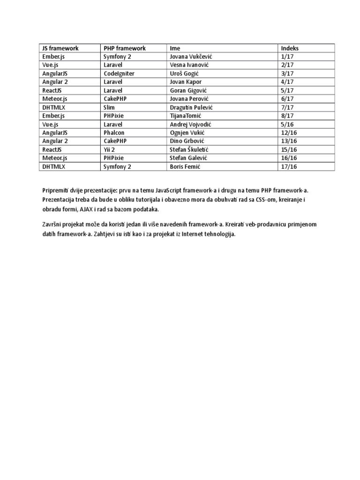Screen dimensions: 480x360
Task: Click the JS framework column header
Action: [x=60, y=48]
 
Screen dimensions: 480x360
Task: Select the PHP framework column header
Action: [x=125, y=48]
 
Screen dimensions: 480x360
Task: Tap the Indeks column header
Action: [x=290, y=48]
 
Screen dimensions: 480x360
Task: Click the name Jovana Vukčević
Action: [x=191, y=57]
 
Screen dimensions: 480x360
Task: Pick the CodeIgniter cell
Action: [x=119, y=74]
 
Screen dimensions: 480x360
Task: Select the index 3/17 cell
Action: [x=287, y=74]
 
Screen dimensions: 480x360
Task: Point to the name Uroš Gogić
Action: [x=185, y=74]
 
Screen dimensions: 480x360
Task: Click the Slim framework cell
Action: [x=109, y=107]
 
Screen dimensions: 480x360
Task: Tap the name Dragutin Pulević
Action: [x=192, y=107]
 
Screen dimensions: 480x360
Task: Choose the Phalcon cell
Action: [x=115, y=133]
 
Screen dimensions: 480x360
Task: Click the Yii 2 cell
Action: [x=109, y=150]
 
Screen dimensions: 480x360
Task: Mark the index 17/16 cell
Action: [x=289, y=166]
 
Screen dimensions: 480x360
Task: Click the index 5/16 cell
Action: [x=287, y=124]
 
